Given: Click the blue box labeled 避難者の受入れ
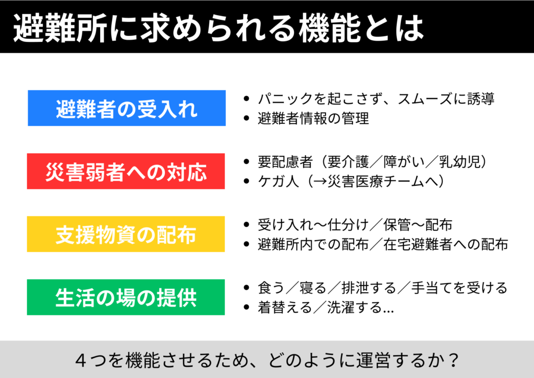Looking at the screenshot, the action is click(x=127, y=108).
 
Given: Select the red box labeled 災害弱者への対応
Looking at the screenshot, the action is click(x=126, y=171).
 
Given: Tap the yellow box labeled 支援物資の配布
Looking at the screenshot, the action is click(x=126, y=234).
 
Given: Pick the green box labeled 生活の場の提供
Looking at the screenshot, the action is click(x=126, y=297).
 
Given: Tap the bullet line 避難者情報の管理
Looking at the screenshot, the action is click(x=313, y=119).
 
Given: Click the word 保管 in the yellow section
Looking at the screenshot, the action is click(x=397, y=225).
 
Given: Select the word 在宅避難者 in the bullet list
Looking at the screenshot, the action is click(x=418, y=244).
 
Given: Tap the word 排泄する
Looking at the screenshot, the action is click(x=369, y=288).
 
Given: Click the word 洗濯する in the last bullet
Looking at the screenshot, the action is click(x=355, y=308).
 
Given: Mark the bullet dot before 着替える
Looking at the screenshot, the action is click(x=247, y=308).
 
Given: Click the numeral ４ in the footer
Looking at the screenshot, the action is click(x=81, y=360).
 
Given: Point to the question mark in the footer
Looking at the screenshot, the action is click(x=453, y=360).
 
